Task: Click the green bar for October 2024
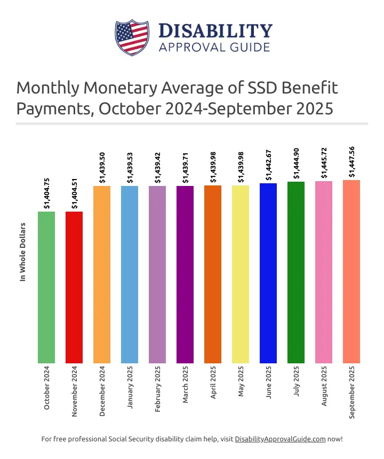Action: pos(46,287)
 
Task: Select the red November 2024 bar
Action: pos(74,287)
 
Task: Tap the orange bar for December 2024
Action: pos(102,275)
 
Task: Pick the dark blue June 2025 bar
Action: pos(268,273)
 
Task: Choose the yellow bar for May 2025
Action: pos(241,274)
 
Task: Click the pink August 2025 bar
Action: pos(324,272)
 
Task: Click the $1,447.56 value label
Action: pos(352,161)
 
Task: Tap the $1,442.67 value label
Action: pos(269,165)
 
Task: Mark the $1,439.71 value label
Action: pos(186,168)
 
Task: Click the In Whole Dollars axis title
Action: pos(22,252)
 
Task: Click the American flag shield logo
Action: pos(131,37)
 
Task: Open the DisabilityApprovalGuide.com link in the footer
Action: pos(280,439)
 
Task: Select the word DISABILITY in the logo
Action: pos(215,30)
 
